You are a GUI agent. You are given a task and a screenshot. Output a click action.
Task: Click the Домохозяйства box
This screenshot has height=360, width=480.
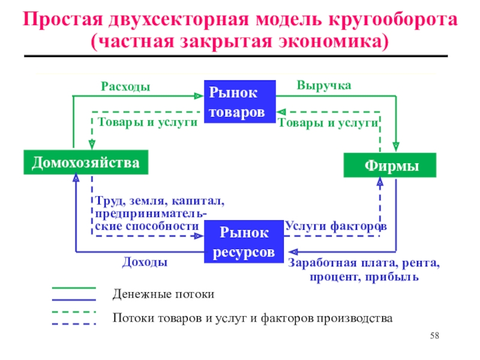pos(86,163)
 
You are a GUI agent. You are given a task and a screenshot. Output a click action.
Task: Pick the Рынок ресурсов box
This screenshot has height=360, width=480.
pos(244,242)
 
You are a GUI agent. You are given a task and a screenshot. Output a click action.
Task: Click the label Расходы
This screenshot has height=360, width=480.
pos(125,88)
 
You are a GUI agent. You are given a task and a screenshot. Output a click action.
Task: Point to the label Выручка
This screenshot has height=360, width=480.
pos(324,86)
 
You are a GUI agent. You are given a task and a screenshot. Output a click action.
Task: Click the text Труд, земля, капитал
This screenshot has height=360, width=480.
pos(158,201)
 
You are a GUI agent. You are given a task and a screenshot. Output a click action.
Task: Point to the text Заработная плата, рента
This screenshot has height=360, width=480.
pos(364,263)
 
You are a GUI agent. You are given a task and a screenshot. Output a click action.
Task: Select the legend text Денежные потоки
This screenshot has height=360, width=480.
pos(163,295)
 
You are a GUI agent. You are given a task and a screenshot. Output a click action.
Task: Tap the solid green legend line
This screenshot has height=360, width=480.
pos(74,288)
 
